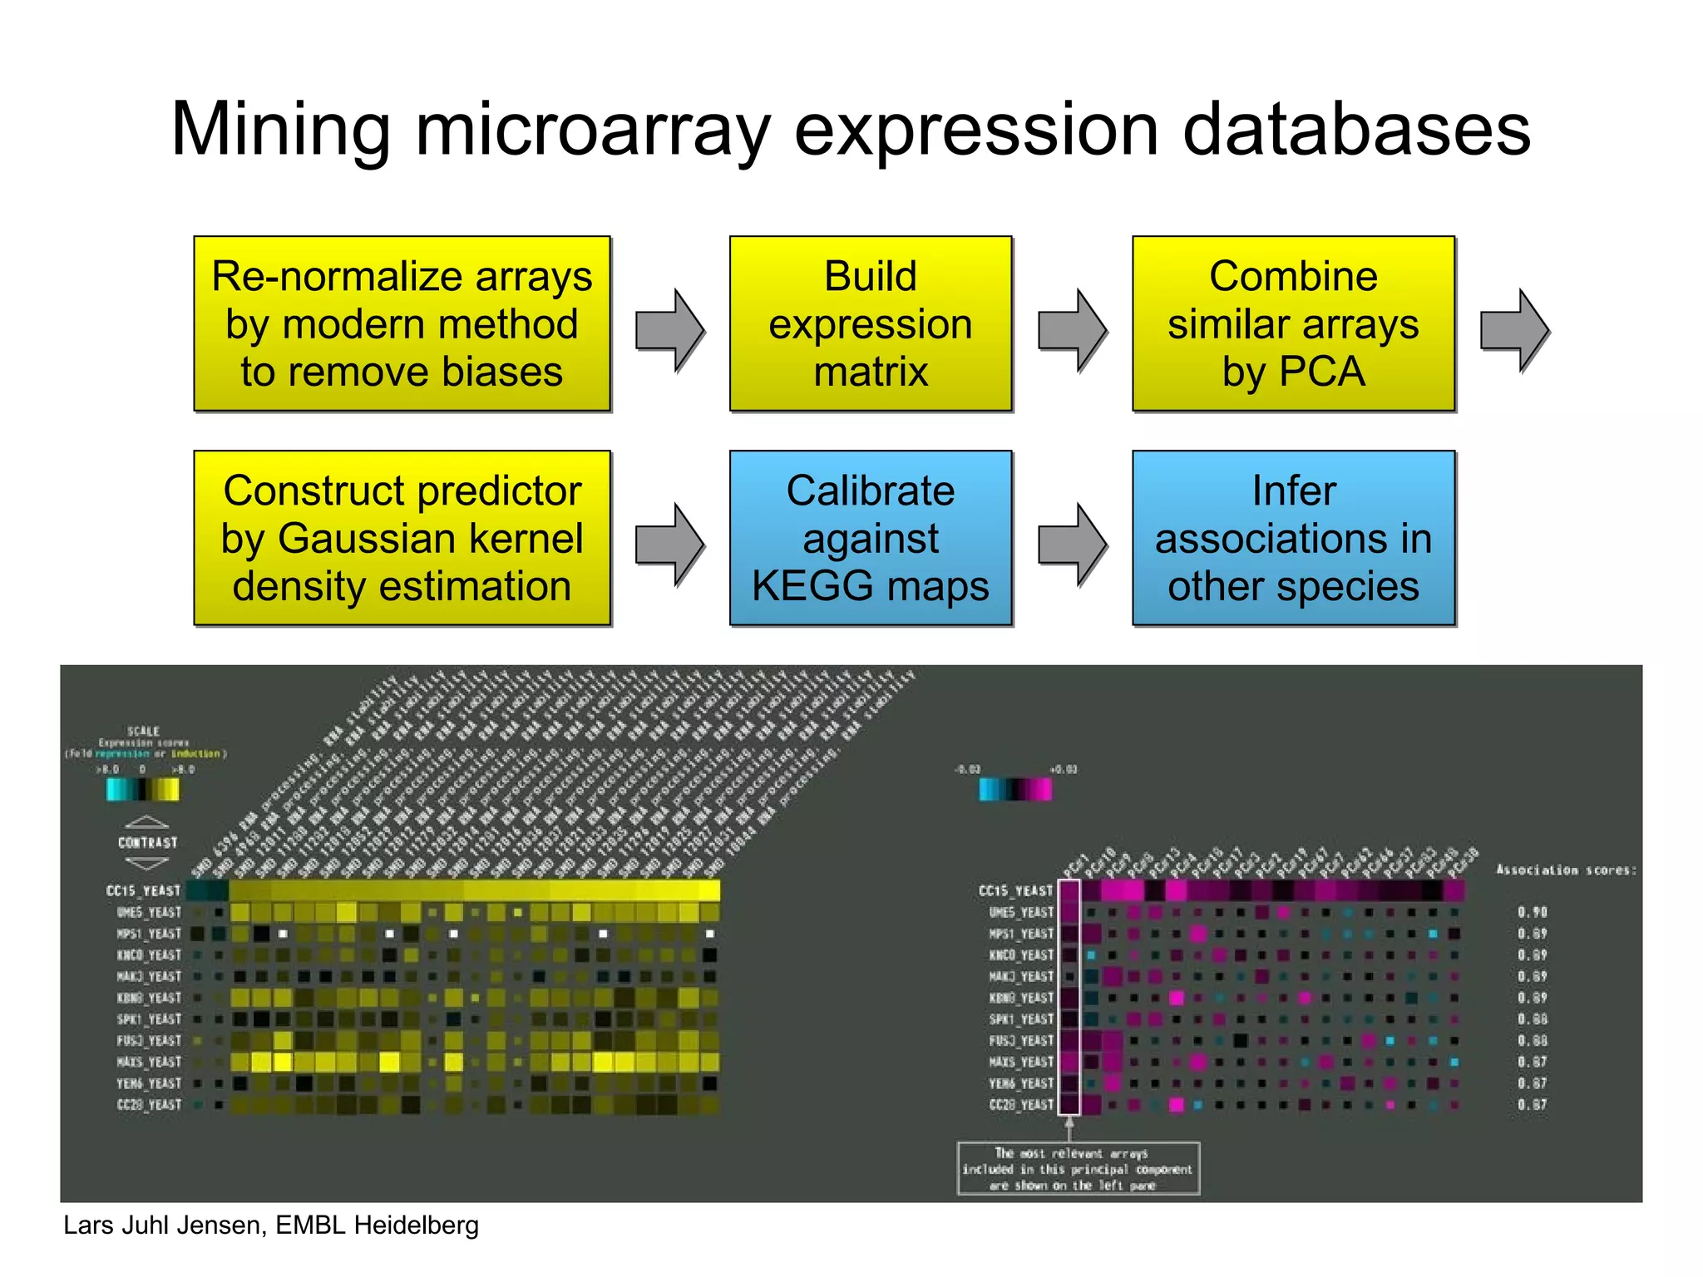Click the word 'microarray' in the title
point(592,131)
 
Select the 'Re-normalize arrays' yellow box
point(402,323)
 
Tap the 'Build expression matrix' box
point(871,323)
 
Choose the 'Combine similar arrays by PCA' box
point(1293,323)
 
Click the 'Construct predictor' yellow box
point(402,538)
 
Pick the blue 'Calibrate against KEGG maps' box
point(871,538)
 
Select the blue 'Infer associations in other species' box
point(1293,538)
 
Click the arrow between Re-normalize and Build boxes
point(670,330)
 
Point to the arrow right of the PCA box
point(1514,330)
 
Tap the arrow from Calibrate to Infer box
point(1073,545)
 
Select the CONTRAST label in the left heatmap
point(147,842)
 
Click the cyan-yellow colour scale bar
point(143,789)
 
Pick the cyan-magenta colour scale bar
point(1015,789)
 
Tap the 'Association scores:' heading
point(1566,870)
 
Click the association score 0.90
point(1532,912)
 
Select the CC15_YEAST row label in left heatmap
point(143,890)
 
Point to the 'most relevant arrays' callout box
point(1079,1169)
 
